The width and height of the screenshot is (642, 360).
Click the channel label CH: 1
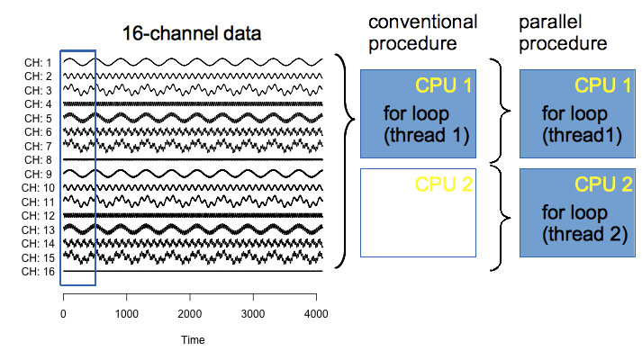pyautogui.click(x=37, y=62)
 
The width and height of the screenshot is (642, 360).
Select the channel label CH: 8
pyautogui.click(x=37, y=159)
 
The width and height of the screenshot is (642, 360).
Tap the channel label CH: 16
pyautogui.click(x=35, y=271)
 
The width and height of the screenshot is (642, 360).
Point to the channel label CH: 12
pyautogui.click(x=35, y=215)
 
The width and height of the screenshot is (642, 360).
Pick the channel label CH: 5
pyautogui.click(x=37, y=118)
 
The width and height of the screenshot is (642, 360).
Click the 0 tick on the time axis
pyautogui.click(x=63, y=313)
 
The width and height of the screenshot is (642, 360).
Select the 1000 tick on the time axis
pyautogui.click(x=127, y=313)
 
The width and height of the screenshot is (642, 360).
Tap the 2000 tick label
pyautogui.click(x=190, y=313)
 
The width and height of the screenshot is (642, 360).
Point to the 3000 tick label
pyautogui.click(x=254, y=313)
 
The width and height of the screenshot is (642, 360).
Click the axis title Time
pyautogui.click(x=191, y=340)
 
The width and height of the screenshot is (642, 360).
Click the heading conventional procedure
pyautogui.click(x=419, y=32)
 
